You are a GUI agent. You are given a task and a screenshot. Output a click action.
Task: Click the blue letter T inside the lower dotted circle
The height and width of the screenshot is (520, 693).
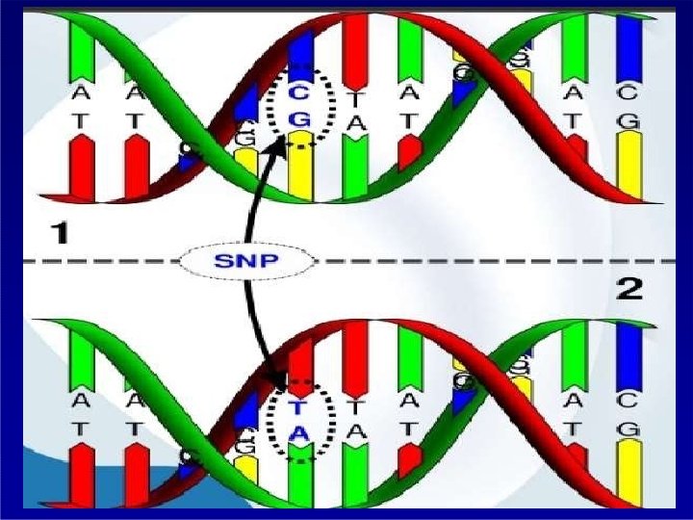[299, 409]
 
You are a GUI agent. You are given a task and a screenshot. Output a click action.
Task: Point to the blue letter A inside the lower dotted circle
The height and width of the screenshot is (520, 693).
[299, 433]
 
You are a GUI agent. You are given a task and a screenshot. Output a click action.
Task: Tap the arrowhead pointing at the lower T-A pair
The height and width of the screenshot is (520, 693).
[276, 384]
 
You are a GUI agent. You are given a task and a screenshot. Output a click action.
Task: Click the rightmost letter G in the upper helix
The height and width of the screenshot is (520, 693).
[629, 119]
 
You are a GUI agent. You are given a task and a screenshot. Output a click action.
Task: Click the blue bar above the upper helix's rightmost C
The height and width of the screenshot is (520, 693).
[629, 48]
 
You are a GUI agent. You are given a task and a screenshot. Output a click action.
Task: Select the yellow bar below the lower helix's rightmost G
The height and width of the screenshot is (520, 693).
[629, 472]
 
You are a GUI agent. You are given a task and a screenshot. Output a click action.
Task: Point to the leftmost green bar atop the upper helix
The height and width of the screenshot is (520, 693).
[80, 48]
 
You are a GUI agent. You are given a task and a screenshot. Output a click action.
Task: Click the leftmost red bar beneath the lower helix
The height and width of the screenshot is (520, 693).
[80, 477]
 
